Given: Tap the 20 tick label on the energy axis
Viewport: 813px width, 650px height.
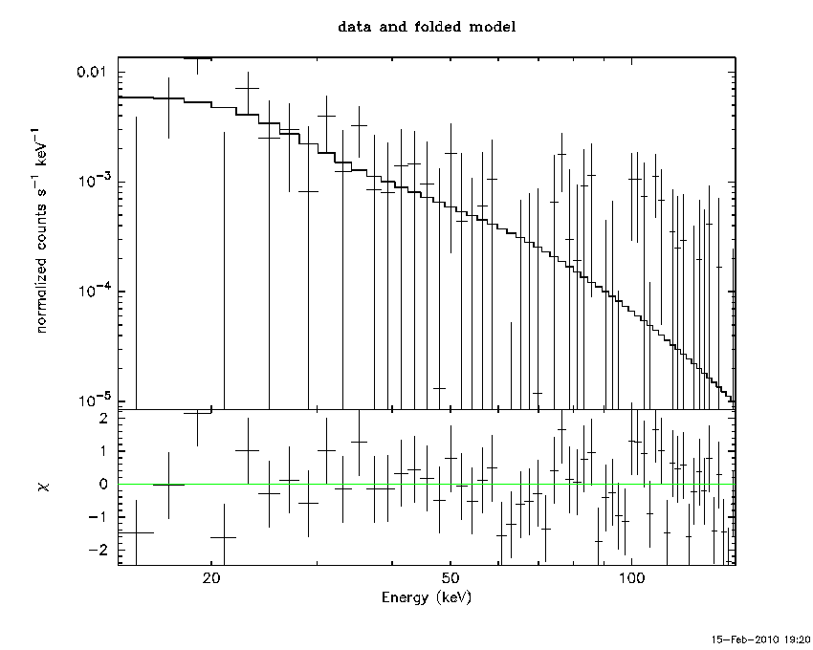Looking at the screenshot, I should [x=211, y=579].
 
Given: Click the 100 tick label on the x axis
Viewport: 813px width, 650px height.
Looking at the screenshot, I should [x=630, y=579].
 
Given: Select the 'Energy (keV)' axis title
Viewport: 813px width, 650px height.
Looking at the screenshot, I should [x=426, y=597].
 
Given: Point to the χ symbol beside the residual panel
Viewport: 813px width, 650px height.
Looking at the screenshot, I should [x=44, y=487].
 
